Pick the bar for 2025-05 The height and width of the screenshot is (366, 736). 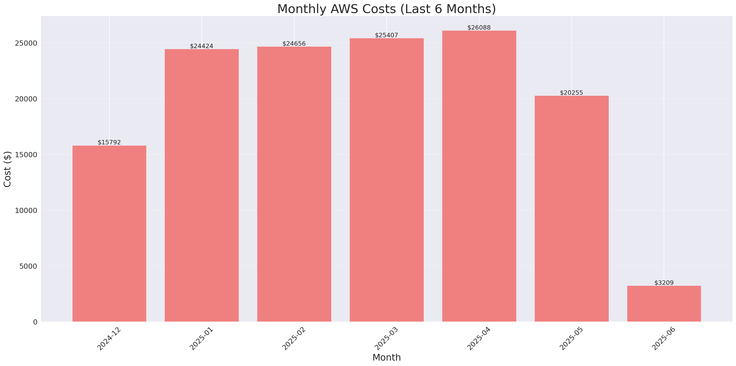click(x=571, y=209)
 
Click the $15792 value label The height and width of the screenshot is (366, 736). click(x=109, y=142)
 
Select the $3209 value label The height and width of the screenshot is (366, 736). click(x=664, y=283)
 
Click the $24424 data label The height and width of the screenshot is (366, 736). click(x=202, y=46)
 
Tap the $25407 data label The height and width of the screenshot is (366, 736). click(x=386, y=35)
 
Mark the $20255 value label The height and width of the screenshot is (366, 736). click(x=571, y=93)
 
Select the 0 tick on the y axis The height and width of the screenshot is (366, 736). click(x=35, y=322)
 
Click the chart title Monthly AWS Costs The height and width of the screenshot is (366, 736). click(x=386, y=9)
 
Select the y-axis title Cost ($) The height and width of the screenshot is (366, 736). click(x=7, y=169)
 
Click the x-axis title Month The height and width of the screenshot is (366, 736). click(x=386, y=357)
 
